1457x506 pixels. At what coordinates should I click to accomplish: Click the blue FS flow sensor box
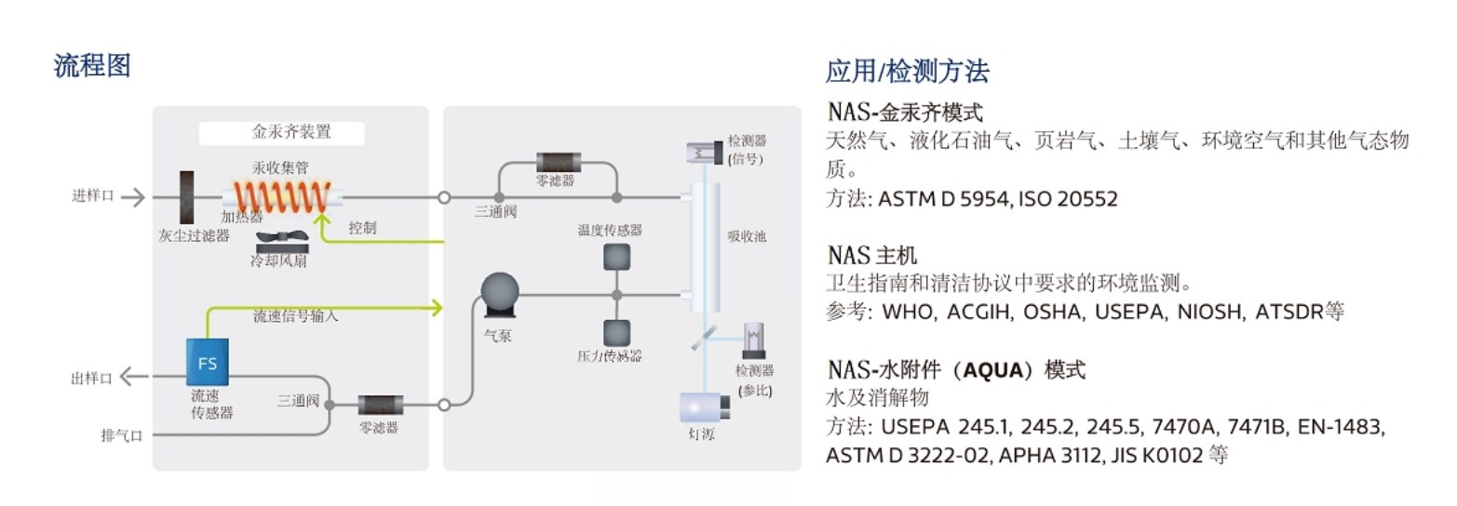pos(207,361)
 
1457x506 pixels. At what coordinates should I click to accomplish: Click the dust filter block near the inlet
pos(187,197)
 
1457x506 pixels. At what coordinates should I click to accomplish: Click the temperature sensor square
pos(615,256)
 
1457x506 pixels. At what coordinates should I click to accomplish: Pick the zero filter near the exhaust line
pos(381,406)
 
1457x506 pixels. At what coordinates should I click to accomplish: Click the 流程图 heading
pos(92,66)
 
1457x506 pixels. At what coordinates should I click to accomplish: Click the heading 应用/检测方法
pos(907,72)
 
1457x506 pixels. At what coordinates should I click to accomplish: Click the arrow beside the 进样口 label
pos(133,196)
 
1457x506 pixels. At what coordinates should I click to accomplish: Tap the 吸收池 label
pos(747,236)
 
